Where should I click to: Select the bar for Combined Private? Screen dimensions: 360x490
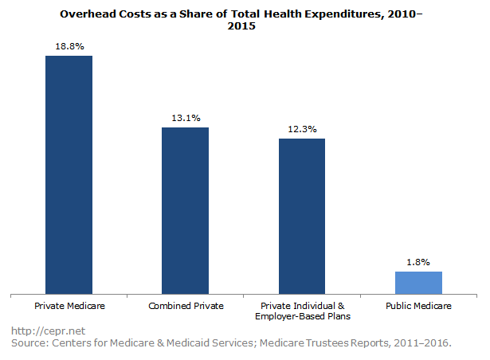click(x=185, y=211)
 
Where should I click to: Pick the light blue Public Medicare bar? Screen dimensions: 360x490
click(x=418, y=283)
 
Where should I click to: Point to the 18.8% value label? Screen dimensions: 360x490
click(x=69, y=47)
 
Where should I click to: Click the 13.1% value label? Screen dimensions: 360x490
click(x=185, y=119)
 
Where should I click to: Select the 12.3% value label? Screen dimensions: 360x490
click(x=302, y=130)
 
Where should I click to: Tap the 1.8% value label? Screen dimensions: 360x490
click(x=418, y=262)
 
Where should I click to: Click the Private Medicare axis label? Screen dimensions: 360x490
click(x=69, y=306)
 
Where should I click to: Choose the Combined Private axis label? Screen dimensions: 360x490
click(x=185, y=306)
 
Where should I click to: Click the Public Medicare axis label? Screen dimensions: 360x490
click(x=418, y=306)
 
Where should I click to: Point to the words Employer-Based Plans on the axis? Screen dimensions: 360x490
click(x=302, y=317)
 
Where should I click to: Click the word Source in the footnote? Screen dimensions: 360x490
click(x=29, y=343)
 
